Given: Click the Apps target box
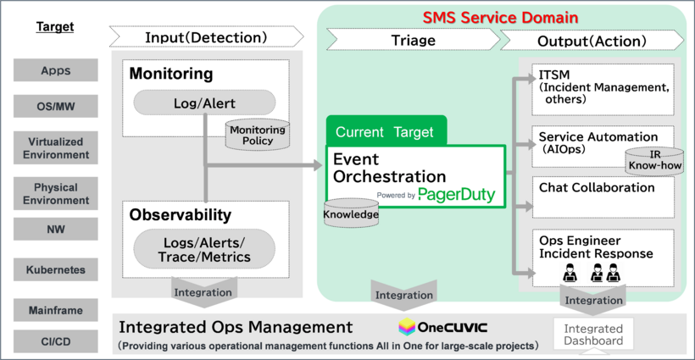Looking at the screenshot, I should coord(57,71).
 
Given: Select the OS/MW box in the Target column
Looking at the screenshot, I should coord(57,106).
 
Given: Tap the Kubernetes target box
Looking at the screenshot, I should coord(57,270).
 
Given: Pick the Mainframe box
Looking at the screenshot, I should coord(57,310).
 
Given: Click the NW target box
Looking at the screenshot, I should coord(57,229).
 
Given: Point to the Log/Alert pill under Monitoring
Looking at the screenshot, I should coord(204,103).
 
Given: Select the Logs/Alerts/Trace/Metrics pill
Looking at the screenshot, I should coord(204,250).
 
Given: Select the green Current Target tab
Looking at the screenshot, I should coord(386,131).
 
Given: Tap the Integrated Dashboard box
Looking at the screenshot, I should coord(593,335).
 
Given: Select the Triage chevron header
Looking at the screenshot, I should coord(413,39).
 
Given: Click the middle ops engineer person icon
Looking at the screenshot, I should coord(597,272).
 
